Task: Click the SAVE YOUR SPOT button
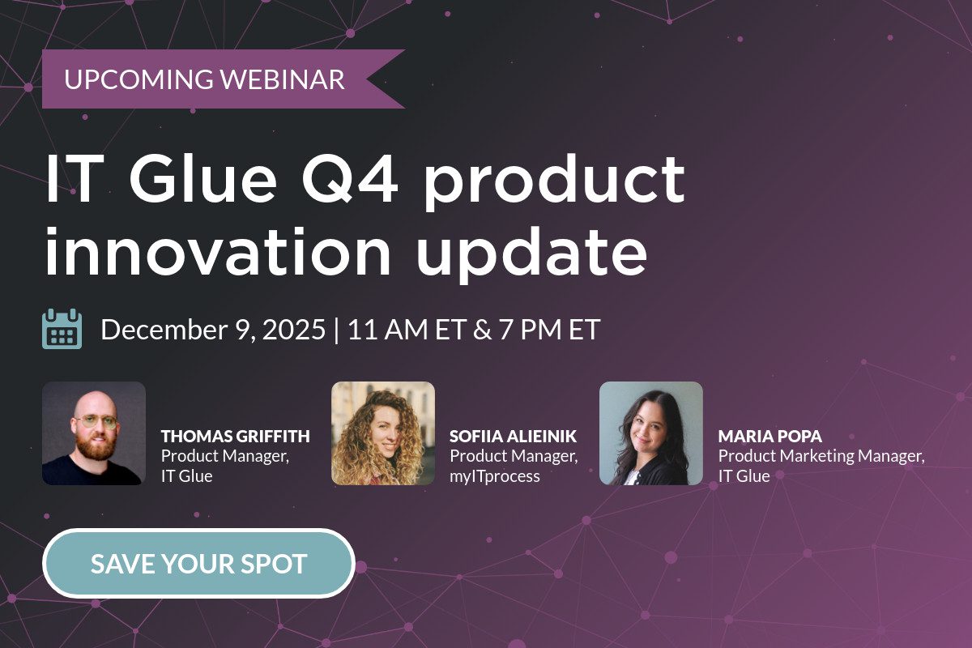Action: pyautogui.click(x=198, y=563)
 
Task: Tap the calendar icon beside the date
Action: pyautogui.click(x=62, y=329)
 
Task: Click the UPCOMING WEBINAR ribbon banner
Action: pyautogui.click(x=224, y=79)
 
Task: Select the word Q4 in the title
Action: pyautogui.click(x=350, y=179)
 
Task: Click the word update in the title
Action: pyautogui.click(x=532, y=255)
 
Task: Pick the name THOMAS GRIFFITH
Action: pyautogui.click(x=236, y=437)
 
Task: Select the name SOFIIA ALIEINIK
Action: pyautogui.click(x=514, y=437)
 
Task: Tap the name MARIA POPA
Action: pyautogui.click(x=770, y=437)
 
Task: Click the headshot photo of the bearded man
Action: pyautogui.click(x=94, y=433)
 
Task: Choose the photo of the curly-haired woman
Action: pyautogui.click(x=382, y=433)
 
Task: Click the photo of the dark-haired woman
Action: pyautogui.click(x=651, y=433)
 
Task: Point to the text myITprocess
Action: pyautogui.click(x=495, y=476)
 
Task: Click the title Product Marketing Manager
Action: pyautogui.click(x=821, y=456)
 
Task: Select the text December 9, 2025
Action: pyautogui.click(x=213, y=330)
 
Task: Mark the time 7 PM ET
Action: pyautogui.click(x=549, y=329)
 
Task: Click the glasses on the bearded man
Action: pyautogui.click(x=96, y=421)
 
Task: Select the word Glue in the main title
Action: pyautogui.click(x=202, y=179)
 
